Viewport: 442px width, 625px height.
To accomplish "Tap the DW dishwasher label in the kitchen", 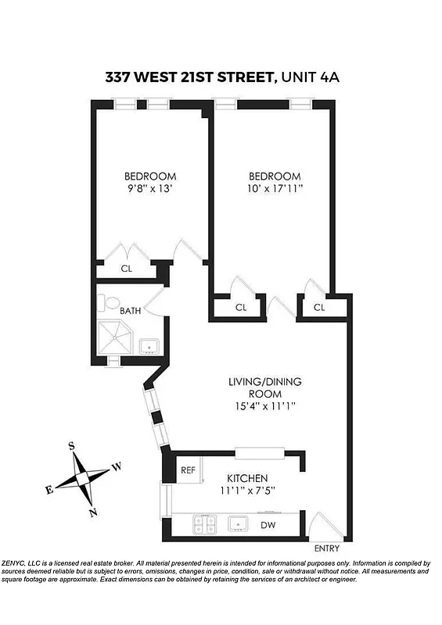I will point(267,525).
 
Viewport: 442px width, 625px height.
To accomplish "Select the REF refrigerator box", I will point(188,470).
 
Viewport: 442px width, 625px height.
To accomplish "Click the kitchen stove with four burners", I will point(205,523).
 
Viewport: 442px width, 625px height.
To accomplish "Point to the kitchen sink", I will point(235,523).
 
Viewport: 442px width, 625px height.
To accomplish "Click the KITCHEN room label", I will point(247,478).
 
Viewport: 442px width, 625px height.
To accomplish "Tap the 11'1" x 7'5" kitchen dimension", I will point(247,491).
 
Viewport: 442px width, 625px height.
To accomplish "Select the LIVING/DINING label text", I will point(265,382).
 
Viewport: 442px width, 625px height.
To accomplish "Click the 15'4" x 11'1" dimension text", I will point(265,406).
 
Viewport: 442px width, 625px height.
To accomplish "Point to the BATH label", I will point(131,310).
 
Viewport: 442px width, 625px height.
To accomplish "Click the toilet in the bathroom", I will point(110,302).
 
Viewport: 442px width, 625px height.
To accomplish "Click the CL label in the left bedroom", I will point(126,269).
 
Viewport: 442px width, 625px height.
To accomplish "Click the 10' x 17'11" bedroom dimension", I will point(275,188).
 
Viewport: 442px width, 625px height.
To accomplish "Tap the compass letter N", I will point(93,512).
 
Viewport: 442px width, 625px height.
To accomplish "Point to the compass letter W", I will point(117,466).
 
